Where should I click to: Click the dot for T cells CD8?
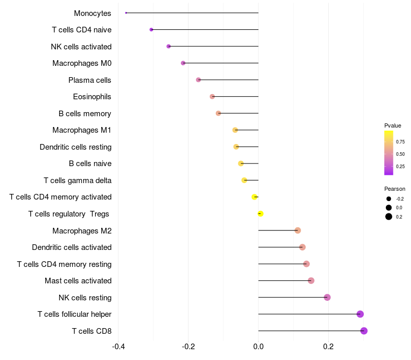pyautogui.click(x=364, y=331)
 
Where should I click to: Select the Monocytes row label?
pyautogui.click(x=92, y=13)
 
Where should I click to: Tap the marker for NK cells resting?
pyautogui.click(x=327, y=297)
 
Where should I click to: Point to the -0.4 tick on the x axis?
pyautogui.click(x=118, y=346)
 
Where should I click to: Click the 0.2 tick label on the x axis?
pyautogui.click(x=328, y=346)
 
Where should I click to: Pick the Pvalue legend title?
pyautogui.click(x=393, y=125)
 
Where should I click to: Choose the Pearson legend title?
pyautogui.click(x=395, y=189)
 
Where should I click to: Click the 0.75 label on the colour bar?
pyautogui.click(x=400, y=142)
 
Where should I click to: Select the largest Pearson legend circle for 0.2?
pyautogui.click(x=389, y=217)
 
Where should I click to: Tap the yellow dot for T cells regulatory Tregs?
pyautogui.click(x=260, y=213)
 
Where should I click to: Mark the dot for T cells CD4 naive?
pyautogui.click(x=151, y=29)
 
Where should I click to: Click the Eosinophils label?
pyautogui.click(x=92, y=97)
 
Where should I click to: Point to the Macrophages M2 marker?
pyautogui.click(x=297, y=230)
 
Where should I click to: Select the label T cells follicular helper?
pyautogui.click(x=74, y=314)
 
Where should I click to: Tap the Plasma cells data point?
pyautogui.click(x=198, y=80)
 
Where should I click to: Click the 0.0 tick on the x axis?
pyautogui.click(x=258, y=346)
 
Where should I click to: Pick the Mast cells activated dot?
pyautogui.click(x=311, y=280)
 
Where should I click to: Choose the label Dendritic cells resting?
pyautogui.click(x=76, y=147)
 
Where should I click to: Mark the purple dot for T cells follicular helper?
pyautogui.click(x=360, y=314)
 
